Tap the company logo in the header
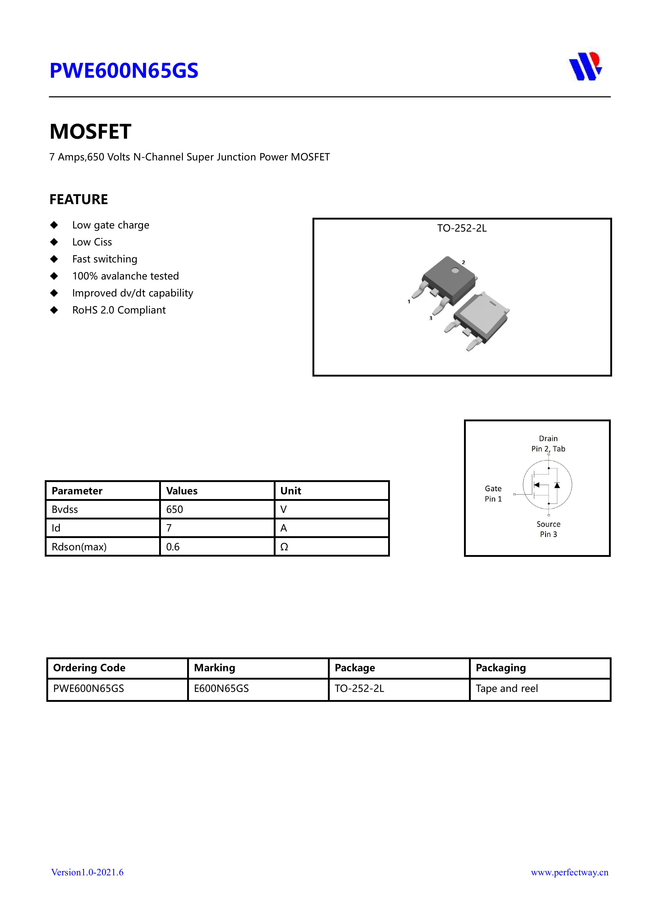tap(585, 66)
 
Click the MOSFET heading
tap(90, 132)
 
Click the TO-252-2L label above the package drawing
tap(462, 228)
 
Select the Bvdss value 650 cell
tap(175, 510)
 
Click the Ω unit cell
tap(284, 547)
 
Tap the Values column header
tap(182, 491)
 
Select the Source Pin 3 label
tap(548, 529)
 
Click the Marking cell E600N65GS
tap(221, 688)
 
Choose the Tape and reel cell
tap(507, 688)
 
